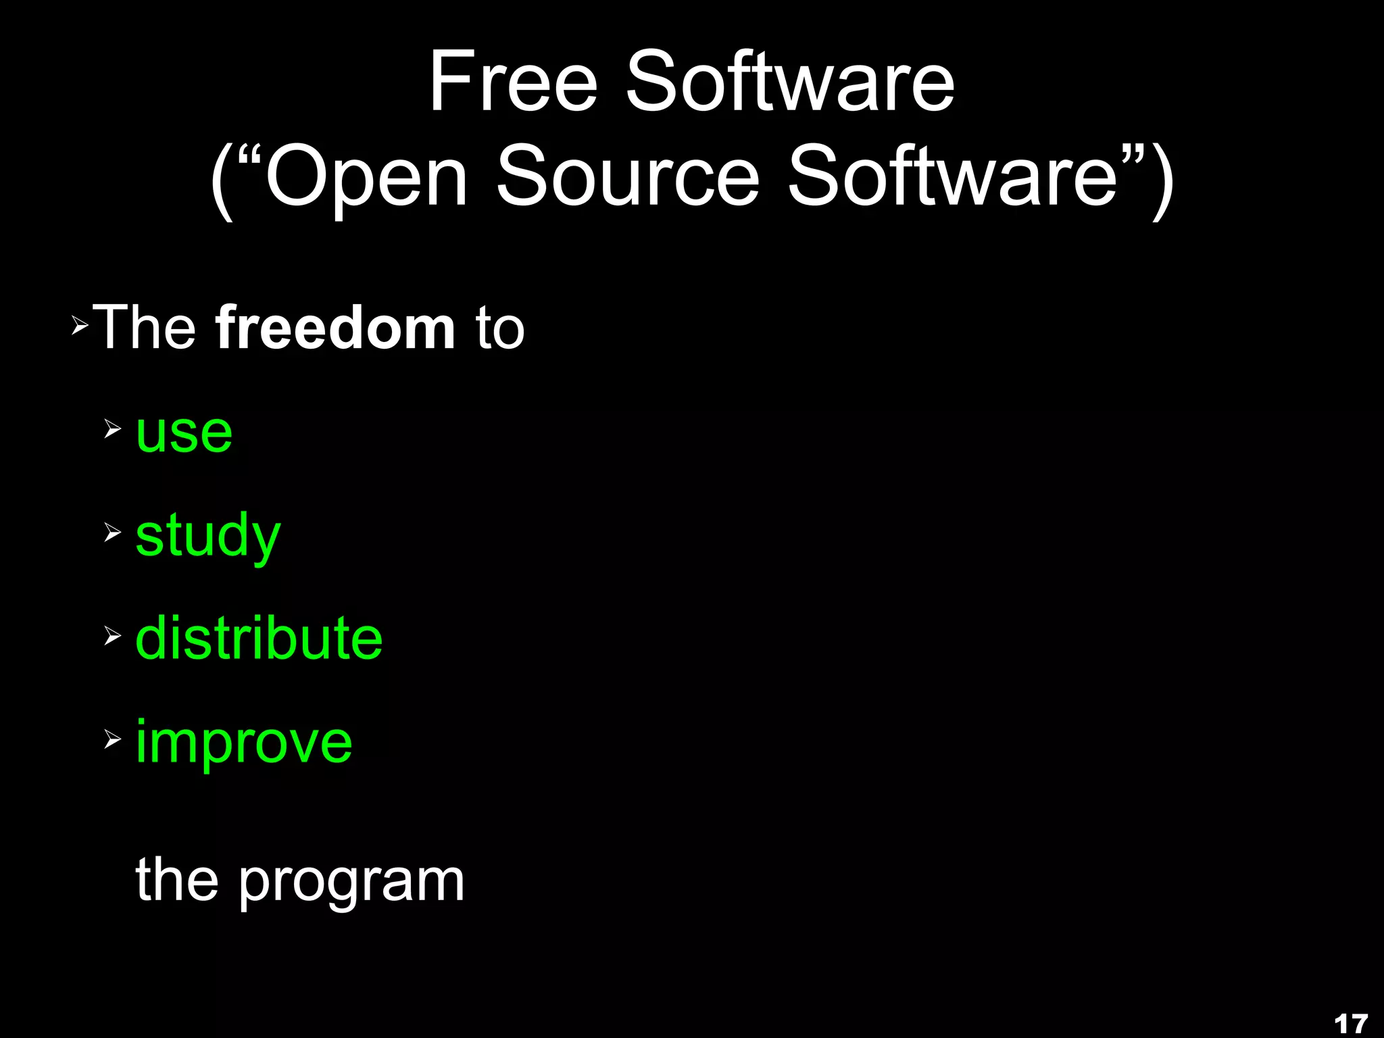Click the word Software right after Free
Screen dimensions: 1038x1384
(x=790, y=82)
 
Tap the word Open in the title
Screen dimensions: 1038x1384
(x=366, y=177)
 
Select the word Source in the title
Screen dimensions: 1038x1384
(x=628, y=177)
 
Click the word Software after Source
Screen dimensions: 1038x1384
(x=953, y=177)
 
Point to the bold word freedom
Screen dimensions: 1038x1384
(x=335, y=328)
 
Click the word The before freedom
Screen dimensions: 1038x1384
(x=145, y=328)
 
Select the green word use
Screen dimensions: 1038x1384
(x=184, y=432)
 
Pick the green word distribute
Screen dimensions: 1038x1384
(x=259, y=639)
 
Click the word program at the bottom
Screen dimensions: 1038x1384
(x=351, y=882)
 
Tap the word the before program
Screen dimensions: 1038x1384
(x=177, y=880)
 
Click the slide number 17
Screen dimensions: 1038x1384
(x=1351, y=1024)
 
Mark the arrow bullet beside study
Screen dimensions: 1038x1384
(x=113, y=533)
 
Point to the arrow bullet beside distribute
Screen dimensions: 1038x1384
(x=113, y=635)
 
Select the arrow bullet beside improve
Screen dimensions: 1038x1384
(x=113, y=739)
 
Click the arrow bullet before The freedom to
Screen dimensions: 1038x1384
(x=80, y=327)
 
